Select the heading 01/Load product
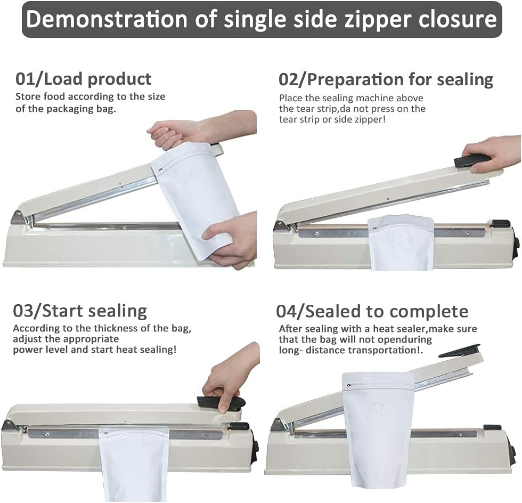point(83,79)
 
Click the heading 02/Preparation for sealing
point(386,80)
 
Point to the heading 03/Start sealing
point(80,311)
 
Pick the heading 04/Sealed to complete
point(372,312)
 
